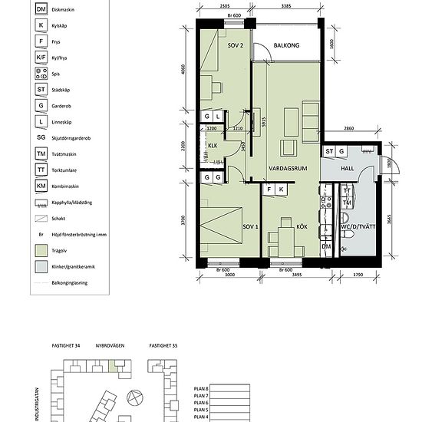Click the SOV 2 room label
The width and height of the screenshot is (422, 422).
(235, 45)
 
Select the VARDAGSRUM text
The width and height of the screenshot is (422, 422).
(288, 168)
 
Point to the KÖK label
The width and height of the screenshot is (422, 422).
(291, 226)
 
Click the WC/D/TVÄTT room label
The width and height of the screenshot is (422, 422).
(359, 228)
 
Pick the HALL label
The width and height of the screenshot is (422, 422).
(346, 167)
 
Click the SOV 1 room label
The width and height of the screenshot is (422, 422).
(249, 228)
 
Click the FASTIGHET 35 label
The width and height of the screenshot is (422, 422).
(163, 347)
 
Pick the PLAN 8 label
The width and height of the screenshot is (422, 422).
(198, 391)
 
